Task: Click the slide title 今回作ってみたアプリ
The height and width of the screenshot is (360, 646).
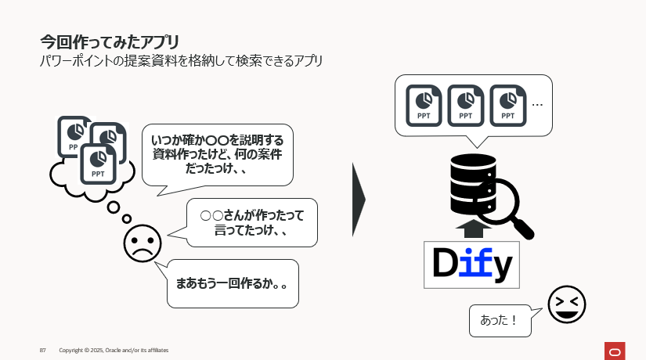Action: click(110, 40)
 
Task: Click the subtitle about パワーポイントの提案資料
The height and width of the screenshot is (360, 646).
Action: click(181, 60)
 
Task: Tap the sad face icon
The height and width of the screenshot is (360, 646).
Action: click(142, 243)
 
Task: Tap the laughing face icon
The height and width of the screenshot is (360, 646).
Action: click(567, 304)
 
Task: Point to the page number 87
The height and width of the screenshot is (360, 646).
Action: click(43, 350)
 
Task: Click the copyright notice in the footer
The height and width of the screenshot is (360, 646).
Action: click(114, 350)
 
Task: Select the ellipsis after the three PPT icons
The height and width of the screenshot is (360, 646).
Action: click(537, 104)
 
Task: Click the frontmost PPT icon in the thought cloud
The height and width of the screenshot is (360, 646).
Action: click(99, 164)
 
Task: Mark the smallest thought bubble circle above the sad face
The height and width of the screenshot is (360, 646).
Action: click(127, 218)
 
